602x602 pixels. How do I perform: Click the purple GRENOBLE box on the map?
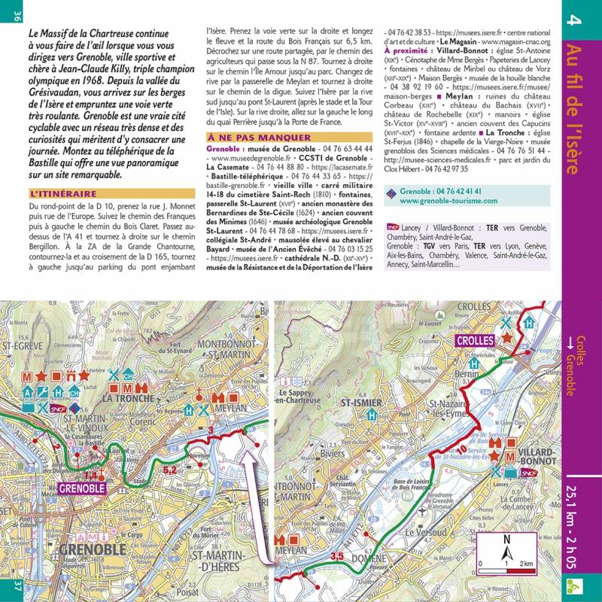[x=81, y=488]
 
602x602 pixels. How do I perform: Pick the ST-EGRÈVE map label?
[x=23, y=348]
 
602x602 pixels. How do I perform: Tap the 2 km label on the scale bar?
[x=528, y=563]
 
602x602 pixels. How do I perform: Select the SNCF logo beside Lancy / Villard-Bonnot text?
[x=392, y=225]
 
